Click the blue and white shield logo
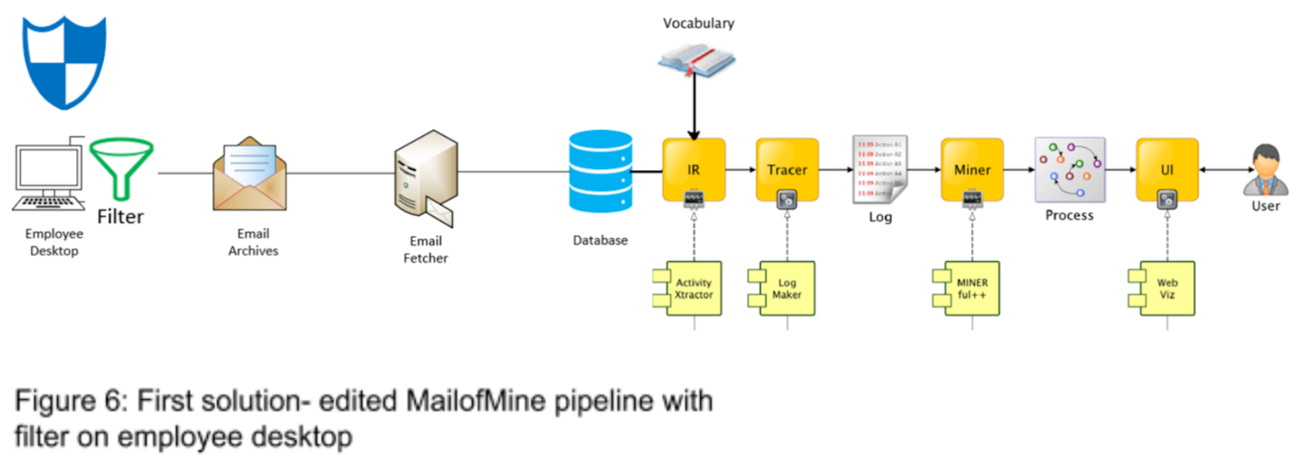(x=64, y=62)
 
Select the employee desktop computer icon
(x=50, y=176)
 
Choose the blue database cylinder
(x=600, y=171)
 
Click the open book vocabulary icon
(x=697, y=61)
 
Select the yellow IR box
(x=694, y=169)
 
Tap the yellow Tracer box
(x=787, y=169)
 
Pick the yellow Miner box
(x=972, y=169)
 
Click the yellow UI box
(x=1166, y=169)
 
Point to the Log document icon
(x=880, y=169)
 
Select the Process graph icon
(x=1069, y=169)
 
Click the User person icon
(x=1265, y=170)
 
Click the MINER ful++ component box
(x=970, y=288)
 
